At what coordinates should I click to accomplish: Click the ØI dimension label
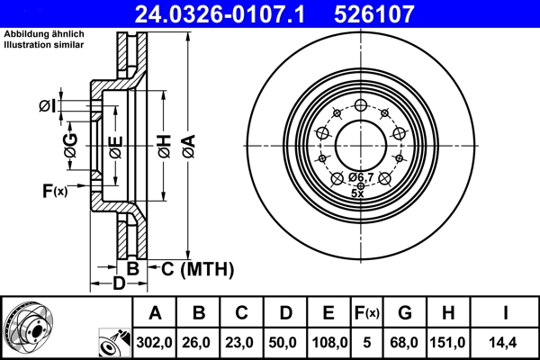coord(48,107)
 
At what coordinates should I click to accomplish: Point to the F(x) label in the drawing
coord(54,190)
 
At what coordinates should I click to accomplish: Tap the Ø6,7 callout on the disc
coord(361,177)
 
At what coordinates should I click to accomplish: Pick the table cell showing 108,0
coord(328,342)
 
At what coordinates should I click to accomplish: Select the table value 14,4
coord(506,342)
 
